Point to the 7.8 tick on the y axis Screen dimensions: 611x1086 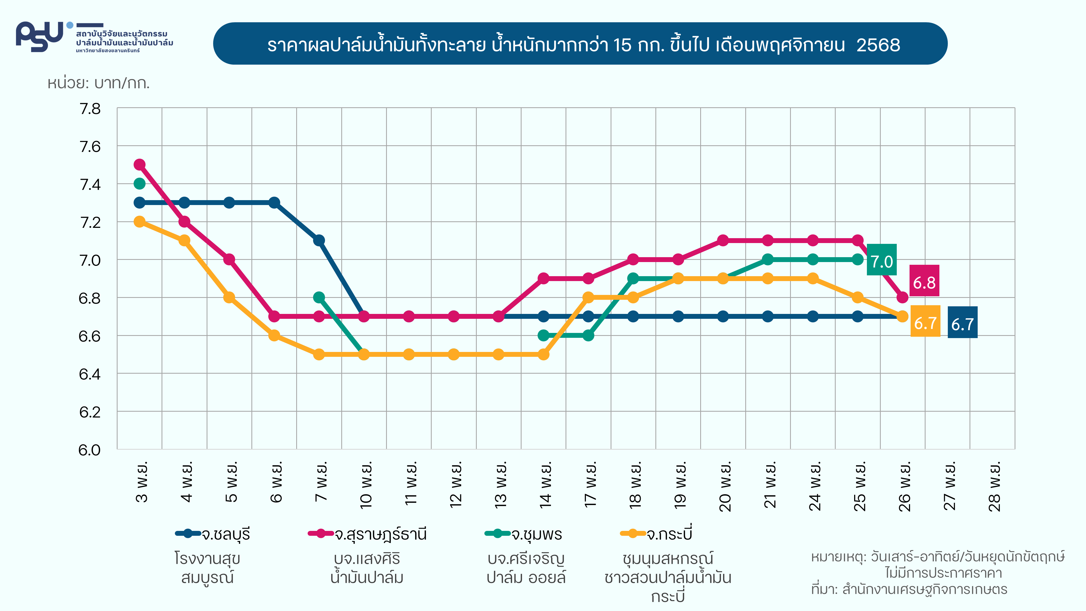[x=90, y=109]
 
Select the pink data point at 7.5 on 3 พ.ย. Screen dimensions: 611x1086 [x=140, y=165]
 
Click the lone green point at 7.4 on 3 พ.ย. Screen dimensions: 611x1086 [x=140, y=183]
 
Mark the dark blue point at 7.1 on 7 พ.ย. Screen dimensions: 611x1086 [x=319, y=240]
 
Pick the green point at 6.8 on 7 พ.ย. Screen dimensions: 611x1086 [x=319, y=297]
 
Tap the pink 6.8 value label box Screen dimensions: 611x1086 [x=924, y=281]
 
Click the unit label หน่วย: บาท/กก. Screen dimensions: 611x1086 [x=99, y=83]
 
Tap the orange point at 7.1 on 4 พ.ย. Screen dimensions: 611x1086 [x=184, y=240]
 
